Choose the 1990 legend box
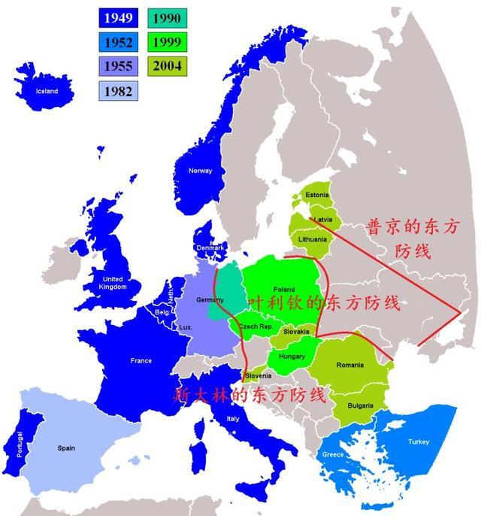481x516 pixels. [166, 17]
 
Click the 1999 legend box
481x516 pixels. [166, 42]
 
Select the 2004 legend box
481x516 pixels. [166, 66]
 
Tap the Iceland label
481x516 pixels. [41, 91]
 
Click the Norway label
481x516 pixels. [200, 171]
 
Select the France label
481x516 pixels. [141, 361]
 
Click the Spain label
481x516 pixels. [66, 448]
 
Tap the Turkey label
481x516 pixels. [419, 442]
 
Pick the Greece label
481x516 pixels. [333, 455]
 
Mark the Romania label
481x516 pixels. [349, 365]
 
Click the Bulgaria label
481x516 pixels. [360, 405]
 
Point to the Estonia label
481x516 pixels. [317, 195]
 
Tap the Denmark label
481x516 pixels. [210, 247]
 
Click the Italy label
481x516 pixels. [233, 419]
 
